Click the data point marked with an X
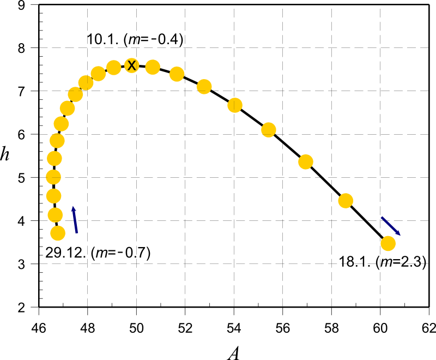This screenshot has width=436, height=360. click(131, 65)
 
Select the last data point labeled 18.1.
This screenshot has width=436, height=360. click(387, 243)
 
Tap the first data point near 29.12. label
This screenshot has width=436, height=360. click(58, 233)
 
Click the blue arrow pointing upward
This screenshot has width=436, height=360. click(75, 220)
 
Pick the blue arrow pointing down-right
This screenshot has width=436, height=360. click(391, 226)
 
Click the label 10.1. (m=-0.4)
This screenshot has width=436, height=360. click(135, 39)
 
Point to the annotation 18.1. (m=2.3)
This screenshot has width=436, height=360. click(382, 263)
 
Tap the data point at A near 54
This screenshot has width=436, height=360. click(235, 105)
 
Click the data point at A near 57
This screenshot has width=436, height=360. click(305, 161)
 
